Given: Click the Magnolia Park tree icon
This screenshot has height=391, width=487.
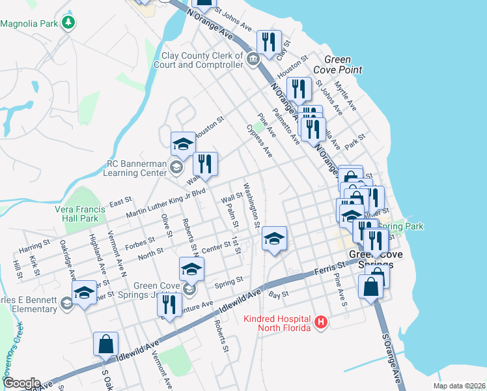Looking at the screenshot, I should pyautogui.click(x=68, y=23).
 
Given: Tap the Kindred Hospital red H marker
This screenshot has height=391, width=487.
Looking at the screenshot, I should pyautogui.click(x=320, y=322).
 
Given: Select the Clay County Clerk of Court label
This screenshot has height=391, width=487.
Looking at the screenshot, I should pyautogui.click(x=198, y=61).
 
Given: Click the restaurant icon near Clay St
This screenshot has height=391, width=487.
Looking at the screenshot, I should pyautogui.click(x=268, y=43).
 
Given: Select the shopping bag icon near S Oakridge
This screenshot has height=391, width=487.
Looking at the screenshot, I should pyautogui.click(x=105, y=344).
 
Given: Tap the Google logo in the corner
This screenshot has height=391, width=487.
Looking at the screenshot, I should pyautogui.click(x=21, y=383).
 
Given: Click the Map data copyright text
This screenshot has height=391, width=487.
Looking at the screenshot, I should pyautogui.click(x=459, y=386).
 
